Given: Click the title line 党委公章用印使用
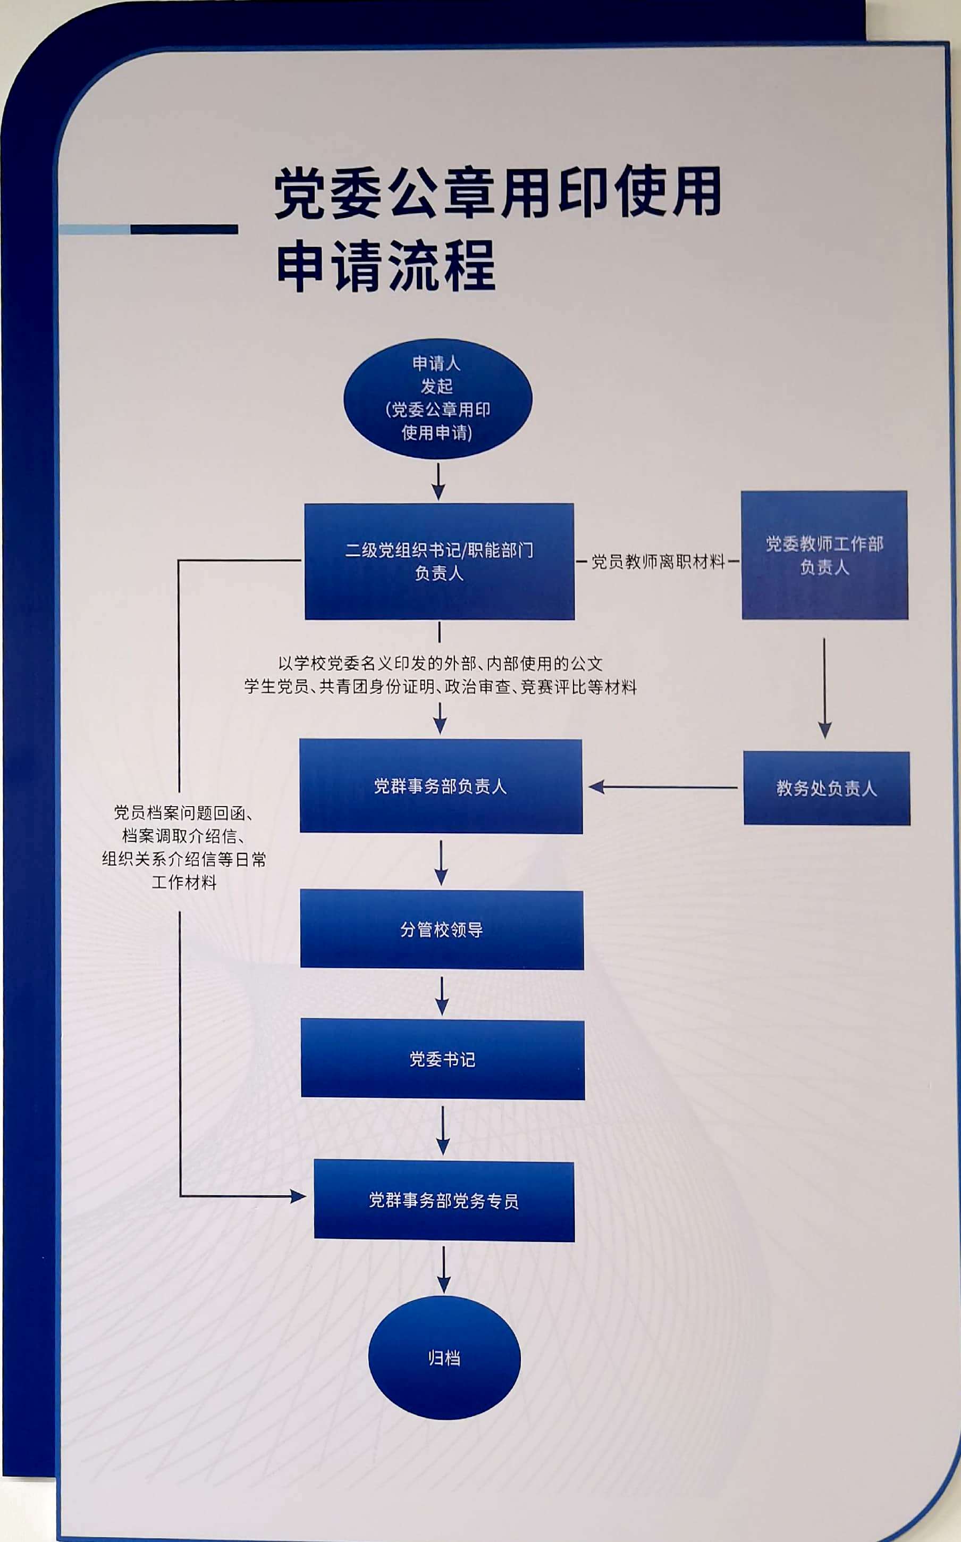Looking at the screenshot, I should [498, 192].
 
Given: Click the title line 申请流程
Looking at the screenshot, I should [386, 266].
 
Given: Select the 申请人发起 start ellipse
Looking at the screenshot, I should [438, 399].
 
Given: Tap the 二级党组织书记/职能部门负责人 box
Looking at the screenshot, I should [439, 562].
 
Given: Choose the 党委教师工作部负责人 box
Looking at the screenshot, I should [824, 555].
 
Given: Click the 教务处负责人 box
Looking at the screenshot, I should [826, 788].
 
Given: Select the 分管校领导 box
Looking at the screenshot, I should [442, 929].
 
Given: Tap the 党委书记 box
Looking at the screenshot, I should [442, 1059].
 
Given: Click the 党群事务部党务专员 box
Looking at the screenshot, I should [444, 1200].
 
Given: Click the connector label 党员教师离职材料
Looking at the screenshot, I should [658, 562].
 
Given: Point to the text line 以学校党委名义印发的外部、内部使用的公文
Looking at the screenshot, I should [440, 664].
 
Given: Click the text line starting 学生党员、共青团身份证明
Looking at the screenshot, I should [440, 687].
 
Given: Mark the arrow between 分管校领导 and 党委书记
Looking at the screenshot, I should [442, 995].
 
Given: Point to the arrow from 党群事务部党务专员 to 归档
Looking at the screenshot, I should [444, 1269].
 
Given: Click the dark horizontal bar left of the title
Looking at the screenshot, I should [184, 230].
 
